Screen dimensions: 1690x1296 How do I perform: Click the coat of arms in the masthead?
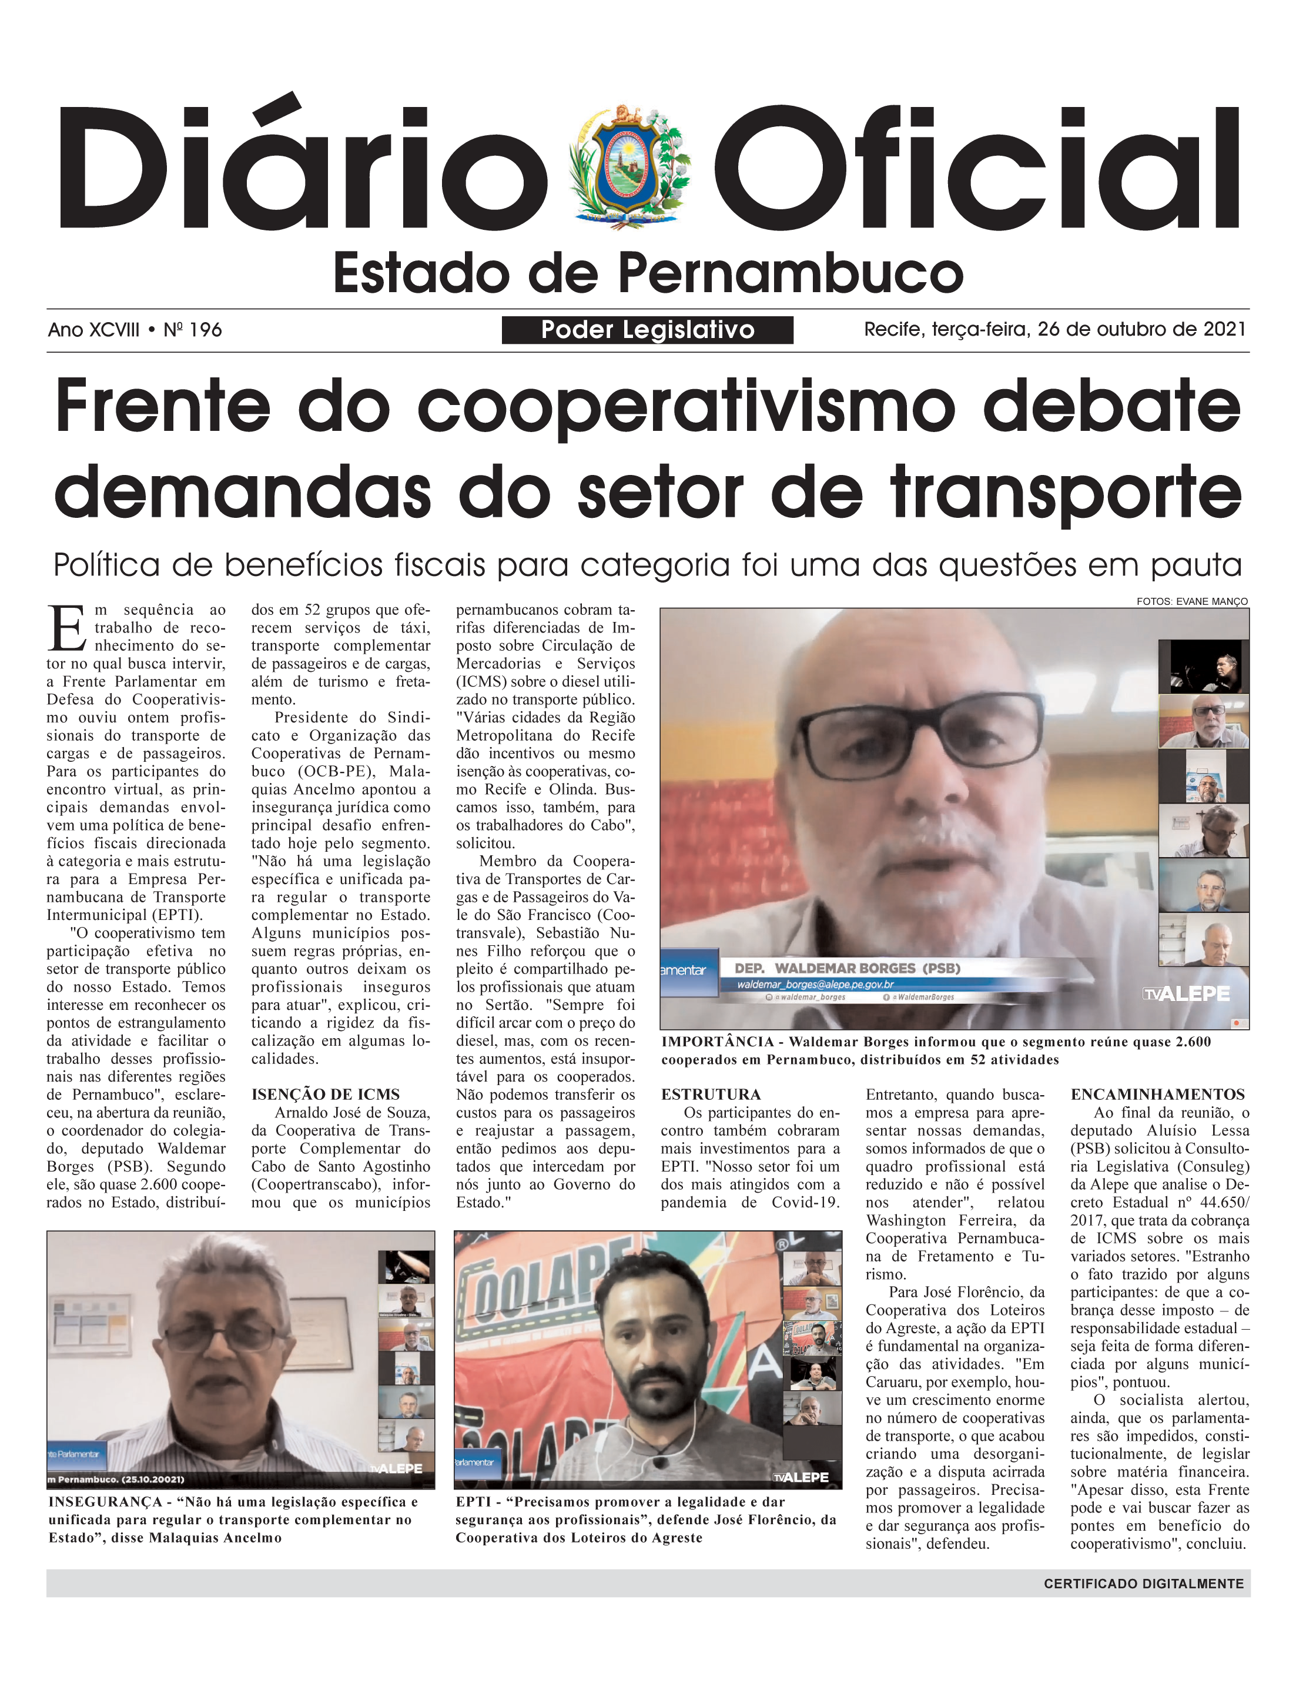coord(629,166)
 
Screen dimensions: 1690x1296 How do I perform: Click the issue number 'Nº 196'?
coord(193,330)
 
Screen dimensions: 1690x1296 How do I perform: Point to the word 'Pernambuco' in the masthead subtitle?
coord(791,273)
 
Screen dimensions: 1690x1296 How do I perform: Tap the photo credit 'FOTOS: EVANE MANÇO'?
coord(1192,601)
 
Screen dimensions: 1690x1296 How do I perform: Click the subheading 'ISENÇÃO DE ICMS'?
coord(326,1094)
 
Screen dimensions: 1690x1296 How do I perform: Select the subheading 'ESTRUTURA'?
coord(711,1094)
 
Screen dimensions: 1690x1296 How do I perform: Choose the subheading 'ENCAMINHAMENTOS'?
coord(1157,1094)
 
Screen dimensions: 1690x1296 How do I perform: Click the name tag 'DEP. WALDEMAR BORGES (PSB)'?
coord(847,968)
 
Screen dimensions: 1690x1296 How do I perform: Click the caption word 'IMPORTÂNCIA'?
coord(716,1042)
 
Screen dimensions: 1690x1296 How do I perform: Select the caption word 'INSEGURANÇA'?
coord(105,1502)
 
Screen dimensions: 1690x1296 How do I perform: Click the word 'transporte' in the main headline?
coord(1066,494)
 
